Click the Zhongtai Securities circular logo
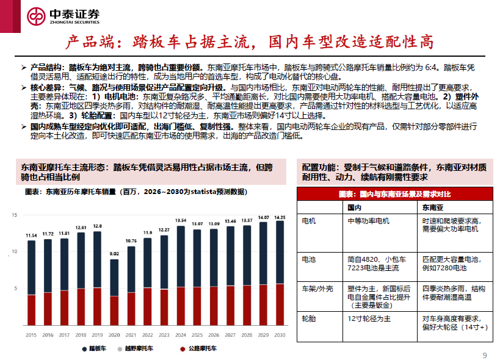[36, 16]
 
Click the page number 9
[485, 355]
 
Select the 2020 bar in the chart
[114, 292]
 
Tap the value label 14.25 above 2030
[280, 218]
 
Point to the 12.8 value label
[97, 226]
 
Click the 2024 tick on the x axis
[181, 335]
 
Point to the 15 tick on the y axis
[15, 215]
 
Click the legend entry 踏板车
[94, 348]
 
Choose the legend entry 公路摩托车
[198, 348]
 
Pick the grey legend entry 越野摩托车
[135, 348]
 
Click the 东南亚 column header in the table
[433, 207]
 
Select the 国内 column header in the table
[354, 207]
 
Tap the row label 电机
[309, 221]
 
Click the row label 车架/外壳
[317, 289]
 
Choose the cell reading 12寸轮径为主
[369, 319]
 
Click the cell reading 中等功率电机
[368, 221]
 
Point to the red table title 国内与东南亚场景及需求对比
[395, 194]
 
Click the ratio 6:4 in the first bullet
[431, 68]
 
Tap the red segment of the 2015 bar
[31, 311]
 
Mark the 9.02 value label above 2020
[114, 254]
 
